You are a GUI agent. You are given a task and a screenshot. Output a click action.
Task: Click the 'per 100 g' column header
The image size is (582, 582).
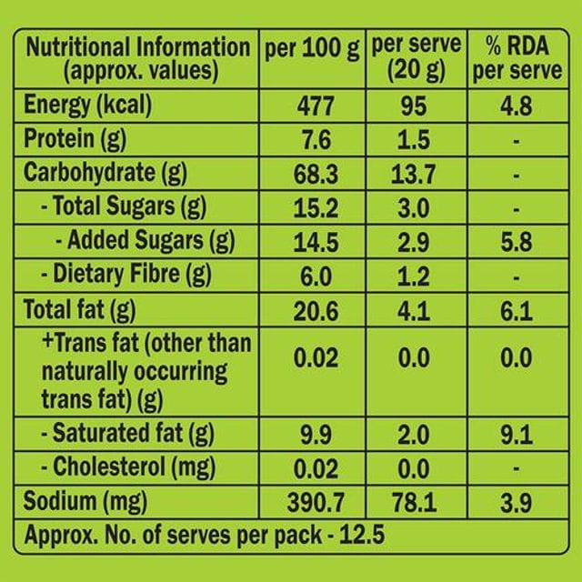tap(312, 49)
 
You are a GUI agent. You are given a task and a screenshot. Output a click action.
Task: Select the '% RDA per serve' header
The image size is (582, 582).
tap(517, 58)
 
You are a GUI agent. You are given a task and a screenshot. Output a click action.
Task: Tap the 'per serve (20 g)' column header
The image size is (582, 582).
tap(416, 58)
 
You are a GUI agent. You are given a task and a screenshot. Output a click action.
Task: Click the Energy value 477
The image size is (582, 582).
tap(316, 106)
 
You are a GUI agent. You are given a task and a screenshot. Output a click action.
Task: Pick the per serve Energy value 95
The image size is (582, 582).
tap(414, 106)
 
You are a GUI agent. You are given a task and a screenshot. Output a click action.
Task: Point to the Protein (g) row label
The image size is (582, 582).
tap(75, 140)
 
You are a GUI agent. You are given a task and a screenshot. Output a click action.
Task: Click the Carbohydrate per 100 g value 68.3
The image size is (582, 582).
tap(316, 175)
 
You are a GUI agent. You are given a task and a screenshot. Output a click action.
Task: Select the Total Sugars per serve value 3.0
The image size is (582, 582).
tap(414, 208)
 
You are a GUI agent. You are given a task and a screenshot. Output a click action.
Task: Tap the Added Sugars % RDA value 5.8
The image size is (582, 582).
tap(517, 242)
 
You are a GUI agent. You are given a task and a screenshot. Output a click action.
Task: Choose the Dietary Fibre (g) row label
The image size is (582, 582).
tap(126, 275)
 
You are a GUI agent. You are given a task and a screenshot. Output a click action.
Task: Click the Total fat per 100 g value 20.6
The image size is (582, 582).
tap(316, 311)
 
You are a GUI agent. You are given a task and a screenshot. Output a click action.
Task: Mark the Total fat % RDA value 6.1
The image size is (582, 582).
tap(517, 311)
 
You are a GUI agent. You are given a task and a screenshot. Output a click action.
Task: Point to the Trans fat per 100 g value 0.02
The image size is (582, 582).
tap(316, 357)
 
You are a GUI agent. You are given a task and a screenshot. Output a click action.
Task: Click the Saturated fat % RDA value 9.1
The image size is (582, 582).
tap(517, 435)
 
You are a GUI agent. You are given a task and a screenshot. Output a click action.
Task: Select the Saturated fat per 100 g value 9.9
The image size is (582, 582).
tap(316, 435)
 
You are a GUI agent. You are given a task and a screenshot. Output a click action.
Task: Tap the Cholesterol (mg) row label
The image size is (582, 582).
tap(128, 467)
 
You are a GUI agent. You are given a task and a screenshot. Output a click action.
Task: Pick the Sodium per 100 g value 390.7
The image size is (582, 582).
tap(316, 503)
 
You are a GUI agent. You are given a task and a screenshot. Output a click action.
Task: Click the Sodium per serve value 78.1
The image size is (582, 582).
tap(415, 503)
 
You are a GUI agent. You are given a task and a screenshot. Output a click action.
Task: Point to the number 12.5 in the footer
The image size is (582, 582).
tap(362, 535)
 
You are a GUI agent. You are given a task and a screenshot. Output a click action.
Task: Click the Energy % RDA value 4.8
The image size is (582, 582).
tap(517, 106)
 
